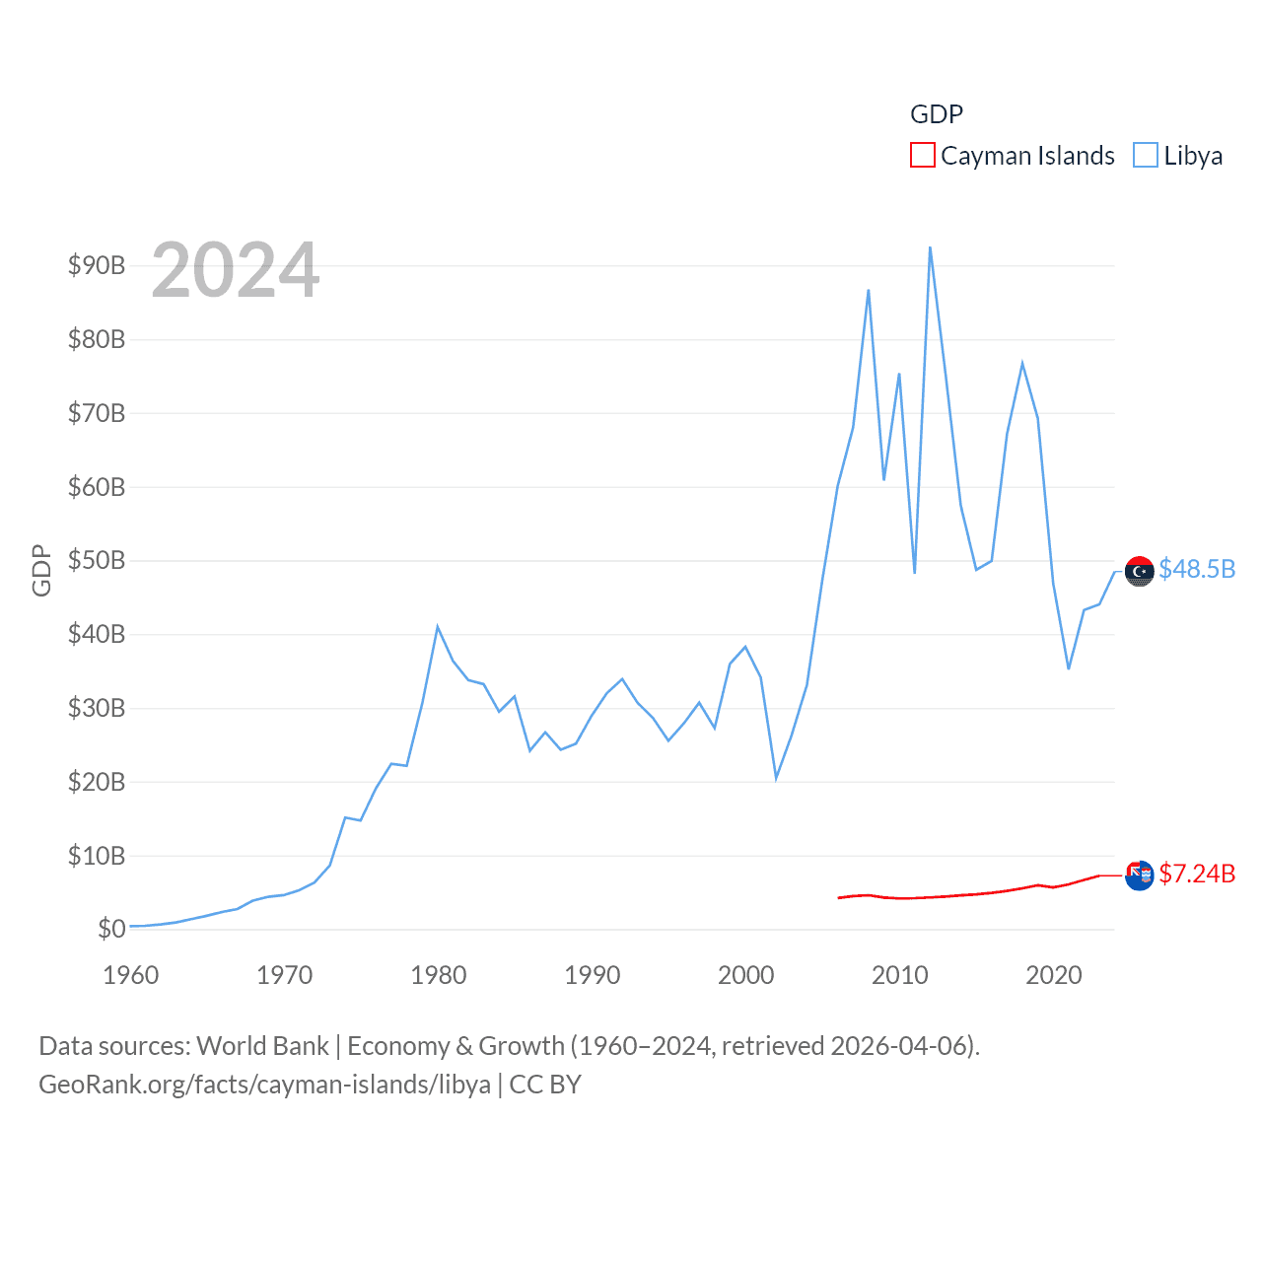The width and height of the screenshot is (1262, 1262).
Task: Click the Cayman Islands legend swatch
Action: pos(922,156)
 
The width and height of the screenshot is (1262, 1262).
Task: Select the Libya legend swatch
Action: pos(1145,156)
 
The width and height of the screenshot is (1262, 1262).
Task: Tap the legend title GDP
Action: pos(936,114)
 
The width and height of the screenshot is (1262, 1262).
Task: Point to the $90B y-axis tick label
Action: pos(96,265)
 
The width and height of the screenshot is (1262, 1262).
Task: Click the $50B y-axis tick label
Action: pos(96,560)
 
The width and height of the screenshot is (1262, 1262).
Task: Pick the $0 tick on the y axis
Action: pos(110,929)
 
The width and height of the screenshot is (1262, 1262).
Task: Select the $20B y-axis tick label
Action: pos(96,782)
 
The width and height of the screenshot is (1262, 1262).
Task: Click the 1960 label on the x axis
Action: pos(130,975)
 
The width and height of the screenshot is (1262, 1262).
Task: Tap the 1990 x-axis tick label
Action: pos(592,975)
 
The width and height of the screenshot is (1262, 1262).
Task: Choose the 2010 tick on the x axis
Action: pos(899,975)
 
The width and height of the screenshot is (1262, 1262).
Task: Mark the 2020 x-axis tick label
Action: pos(1053,975)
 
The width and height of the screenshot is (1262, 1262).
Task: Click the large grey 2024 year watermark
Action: pos(235,269)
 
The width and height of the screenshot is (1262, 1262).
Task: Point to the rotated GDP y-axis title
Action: pos(41,570)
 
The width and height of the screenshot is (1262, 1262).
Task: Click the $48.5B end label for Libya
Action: pos(1197,570)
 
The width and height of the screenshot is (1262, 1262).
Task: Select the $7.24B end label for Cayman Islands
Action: pos(1197,875)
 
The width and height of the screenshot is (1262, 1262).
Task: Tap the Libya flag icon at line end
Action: pos(1139,571)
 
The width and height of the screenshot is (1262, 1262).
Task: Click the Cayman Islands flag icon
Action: pos(1139,876)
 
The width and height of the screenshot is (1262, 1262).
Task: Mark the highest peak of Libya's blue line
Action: pos(930,247)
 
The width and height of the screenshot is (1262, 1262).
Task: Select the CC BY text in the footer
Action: pos(544,1085)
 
